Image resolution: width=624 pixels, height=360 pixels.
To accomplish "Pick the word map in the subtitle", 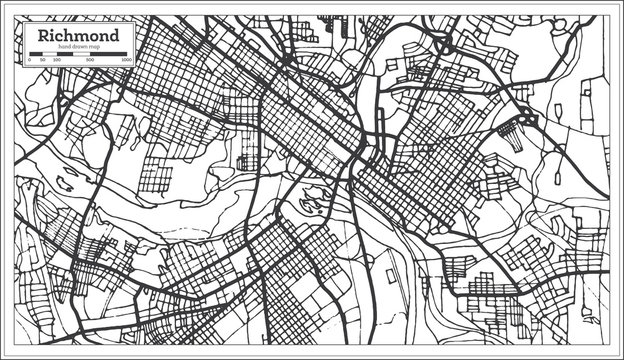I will click(96, 48).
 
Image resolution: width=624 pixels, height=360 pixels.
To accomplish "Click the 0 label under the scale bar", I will click(29, 60).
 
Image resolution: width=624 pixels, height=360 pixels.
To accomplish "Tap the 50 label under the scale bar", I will click(43, 60).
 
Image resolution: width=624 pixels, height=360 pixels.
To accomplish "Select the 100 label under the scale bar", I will click(56, 60).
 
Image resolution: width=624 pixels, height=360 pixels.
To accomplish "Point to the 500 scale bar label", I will click(90, 60).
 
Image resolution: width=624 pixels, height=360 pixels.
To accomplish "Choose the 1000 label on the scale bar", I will click(127, 60).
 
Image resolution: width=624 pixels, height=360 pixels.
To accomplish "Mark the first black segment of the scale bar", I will click(36, 54).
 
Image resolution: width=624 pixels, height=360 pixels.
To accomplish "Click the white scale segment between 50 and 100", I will click(49, 54).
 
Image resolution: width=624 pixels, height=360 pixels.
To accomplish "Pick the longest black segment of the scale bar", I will click(109, 54).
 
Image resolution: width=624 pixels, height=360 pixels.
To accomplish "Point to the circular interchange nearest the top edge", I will click(441, 44).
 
